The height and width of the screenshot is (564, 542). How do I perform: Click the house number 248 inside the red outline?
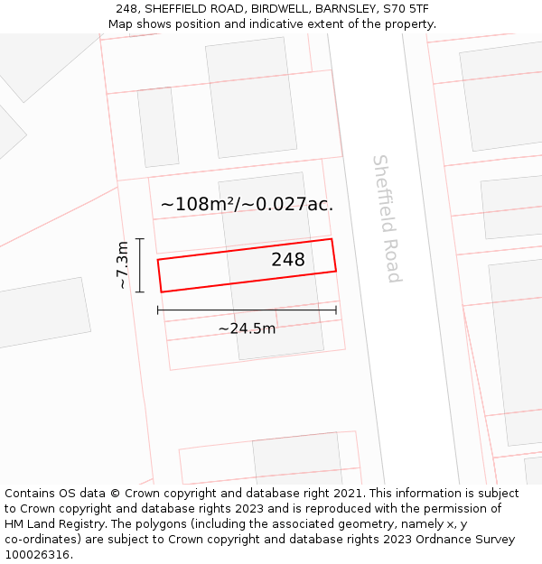[x=288, y=260]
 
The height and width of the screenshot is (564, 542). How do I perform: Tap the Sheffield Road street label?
[x=386, y=218]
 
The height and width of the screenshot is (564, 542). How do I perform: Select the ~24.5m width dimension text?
[x=247, y=328]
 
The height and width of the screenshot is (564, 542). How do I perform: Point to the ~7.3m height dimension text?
[x=122, y=265]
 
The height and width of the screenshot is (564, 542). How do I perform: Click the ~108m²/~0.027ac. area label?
[x=247, y=204]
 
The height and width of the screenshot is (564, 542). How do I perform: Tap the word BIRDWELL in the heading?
[x=279, y=8]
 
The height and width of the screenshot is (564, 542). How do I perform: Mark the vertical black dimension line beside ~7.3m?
[x=140, y=265]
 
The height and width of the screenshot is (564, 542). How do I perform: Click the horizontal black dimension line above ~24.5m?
[x=247, y=310]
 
